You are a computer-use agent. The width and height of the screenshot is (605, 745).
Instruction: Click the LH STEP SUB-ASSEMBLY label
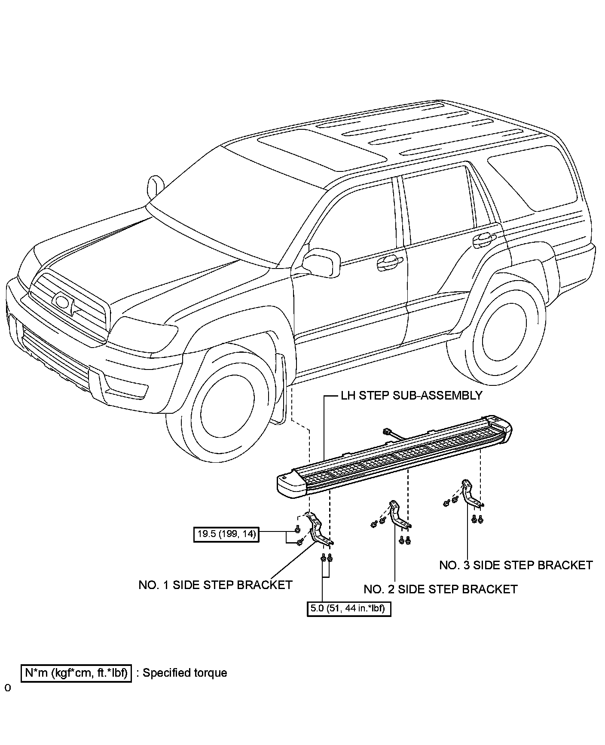point(411,395)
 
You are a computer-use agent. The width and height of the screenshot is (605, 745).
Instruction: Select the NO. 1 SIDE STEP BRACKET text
point(215,585)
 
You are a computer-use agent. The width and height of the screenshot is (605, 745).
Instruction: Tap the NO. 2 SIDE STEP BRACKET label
point(440,589)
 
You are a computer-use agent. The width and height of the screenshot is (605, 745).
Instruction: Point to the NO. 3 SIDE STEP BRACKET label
point(516,565)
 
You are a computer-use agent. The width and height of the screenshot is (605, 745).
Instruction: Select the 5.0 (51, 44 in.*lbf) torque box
point(348,608)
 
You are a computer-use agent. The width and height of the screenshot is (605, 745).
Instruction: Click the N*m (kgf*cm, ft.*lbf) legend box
point(76,673)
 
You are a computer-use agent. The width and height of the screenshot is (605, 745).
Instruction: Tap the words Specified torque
point(185,673)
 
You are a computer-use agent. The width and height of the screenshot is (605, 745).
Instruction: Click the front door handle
point(390,260)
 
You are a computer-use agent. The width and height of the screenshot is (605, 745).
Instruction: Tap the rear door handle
point(484,237)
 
